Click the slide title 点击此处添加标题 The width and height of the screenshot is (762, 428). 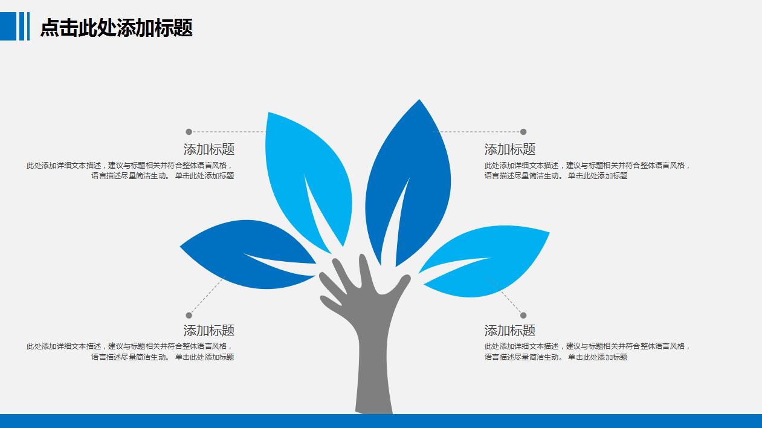[116, 28]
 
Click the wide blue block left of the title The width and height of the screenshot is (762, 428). [8, 27]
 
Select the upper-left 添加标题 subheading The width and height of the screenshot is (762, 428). [208, 149]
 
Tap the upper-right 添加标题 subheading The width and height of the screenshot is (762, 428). [509, 149]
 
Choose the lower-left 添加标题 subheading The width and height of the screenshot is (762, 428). [208, 331]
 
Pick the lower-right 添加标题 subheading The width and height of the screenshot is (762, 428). [509, 331]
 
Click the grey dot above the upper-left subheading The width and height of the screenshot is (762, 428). [189, 132]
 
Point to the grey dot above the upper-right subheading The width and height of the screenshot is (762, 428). [523, 132]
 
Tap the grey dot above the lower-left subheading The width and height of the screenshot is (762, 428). [189, 316]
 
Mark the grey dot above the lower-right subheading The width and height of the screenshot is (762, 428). [523, 316]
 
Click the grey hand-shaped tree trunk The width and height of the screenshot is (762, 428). [372, 351]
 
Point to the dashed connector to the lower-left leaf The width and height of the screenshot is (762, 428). [207, 296]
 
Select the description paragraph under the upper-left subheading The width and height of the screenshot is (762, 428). [130, 170]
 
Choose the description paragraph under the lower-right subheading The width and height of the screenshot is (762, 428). [586, 351]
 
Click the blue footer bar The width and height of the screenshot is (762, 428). [381, 421]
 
